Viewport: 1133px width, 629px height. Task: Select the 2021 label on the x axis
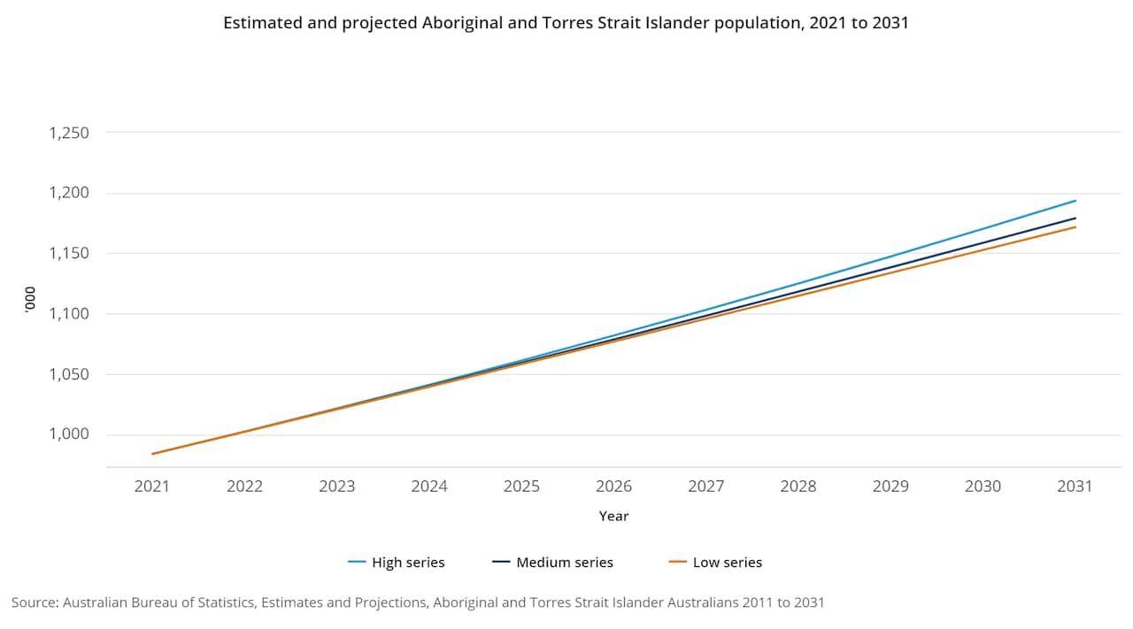152,486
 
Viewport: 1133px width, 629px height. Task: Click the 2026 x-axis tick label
613,486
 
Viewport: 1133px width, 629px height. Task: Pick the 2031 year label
1075,486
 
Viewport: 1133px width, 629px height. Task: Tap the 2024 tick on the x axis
429,486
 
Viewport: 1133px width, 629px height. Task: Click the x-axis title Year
613,516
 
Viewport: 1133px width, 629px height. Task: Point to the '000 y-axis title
28,300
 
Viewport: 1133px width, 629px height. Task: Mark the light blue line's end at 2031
1075,201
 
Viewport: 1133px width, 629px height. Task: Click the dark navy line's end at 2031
1075,218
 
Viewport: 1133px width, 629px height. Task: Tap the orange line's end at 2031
1075,226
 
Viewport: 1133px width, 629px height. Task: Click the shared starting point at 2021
153,454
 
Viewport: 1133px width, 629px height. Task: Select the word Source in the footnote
34,602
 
